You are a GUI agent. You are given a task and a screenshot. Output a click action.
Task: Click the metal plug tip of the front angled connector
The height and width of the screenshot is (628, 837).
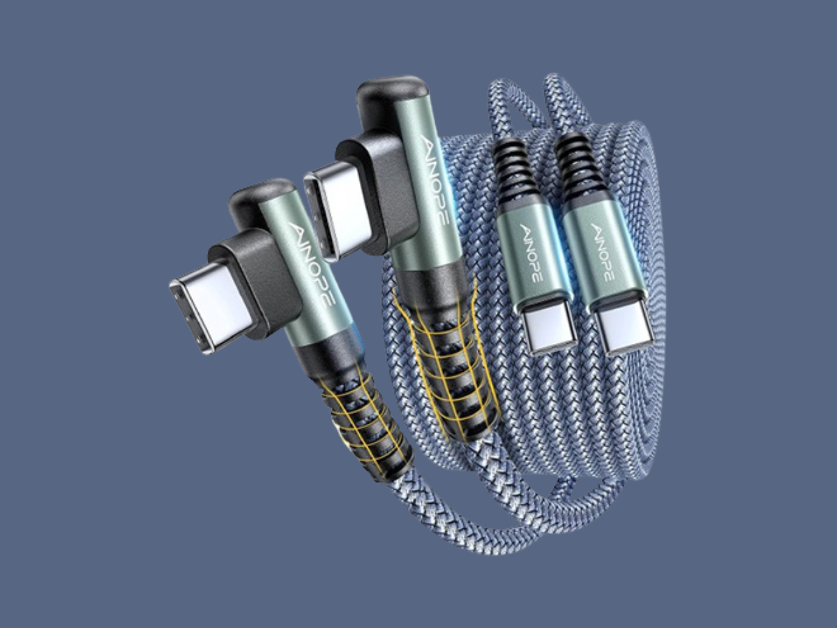pos(212,314)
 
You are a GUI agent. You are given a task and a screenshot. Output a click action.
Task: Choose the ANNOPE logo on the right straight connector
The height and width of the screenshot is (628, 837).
pos(603,253)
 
